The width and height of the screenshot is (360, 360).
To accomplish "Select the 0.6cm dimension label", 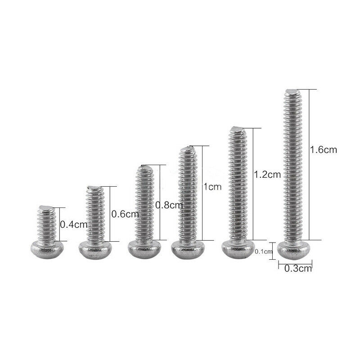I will [x=125, y=214].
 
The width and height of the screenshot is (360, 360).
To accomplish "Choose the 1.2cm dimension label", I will [x=268, y=174].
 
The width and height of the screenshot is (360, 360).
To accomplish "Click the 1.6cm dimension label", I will [x=323, y=149].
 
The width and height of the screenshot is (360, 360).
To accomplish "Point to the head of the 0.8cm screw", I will [x=143, y=249].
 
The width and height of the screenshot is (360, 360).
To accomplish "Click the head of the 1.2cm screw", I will [x=236, y=249].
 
